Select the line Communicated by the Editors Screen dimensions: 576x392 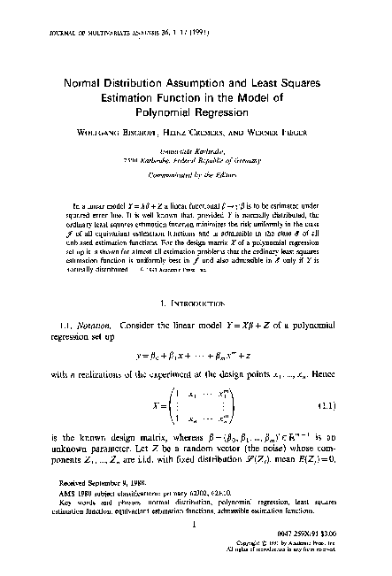point(196,173)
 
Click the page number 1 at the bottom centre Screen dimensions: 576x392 point(196,524)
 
